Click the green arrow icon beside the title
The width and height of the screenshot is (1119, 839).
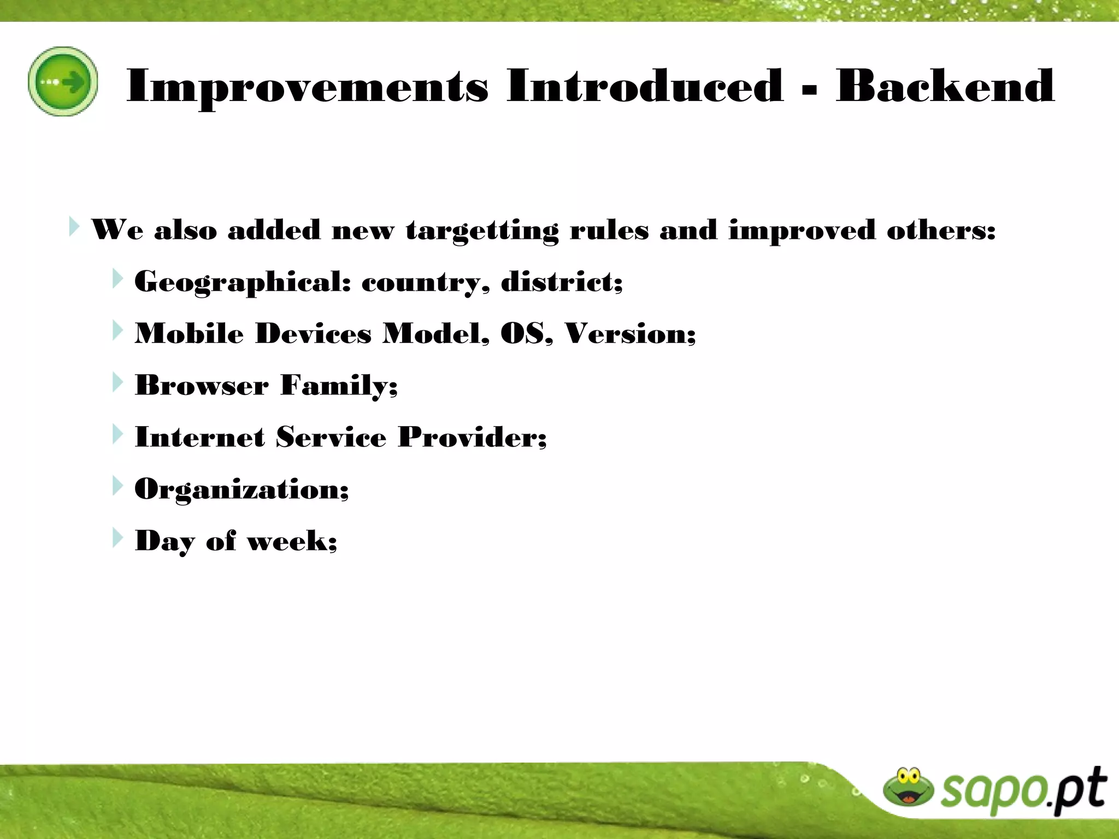tap(63, 81)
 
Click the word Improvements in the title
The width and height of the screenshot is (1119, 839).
tap(307, 86)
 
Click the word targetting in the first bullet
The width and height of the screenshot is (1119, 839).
tap(482, 230)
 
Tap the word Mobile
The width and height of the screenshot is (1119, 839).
tap(189, 333)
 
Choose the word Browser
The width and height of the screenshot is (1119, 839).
tap(201, 385)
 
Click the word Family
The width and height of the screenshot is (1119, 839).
tap(339, 385)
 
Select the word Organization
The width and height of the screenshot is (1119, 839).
tap(241, 489)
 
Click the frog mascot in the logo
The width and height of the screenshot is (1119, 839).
tap(908, 787)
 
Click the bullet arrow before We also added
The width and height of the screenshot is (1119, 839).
tap(74, 226)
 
